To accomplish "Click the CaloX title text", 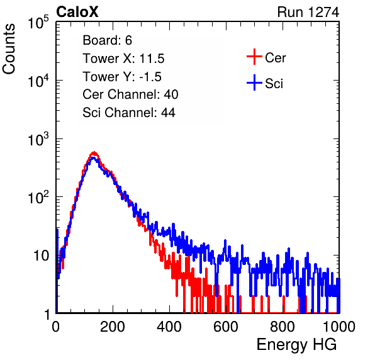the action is tap(77, 12).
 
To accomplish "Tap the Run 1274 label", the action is tap(308, 12).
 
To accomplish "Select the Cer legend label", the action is tap(275, 58).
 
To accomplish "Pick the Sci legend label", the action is tap(274, 84).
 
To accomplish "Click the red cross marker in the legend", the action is tap(254, 57).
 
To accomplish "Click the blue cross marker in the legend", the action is tap(254, 83).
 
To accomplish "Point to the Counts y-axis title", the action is tap(9, 48).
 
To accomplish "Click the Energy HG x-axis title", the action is tap(296, 345).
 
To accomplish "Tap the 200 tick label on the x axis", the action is tap(113, 327).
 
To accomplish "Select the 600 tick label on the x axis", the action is tap(226, 327).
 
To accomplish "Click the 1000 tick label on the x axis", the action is tap(339, 327).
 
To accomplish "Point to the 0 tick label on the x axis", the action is tap(56, 327).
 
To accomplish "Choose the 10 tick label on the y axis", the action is tap(42, 256).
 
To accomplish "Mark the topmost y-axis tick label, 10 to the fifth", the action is tap(38, 22).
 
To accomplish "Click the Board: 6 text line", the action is tap(107, 40).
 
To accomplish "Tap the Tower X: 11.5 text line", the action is tap(123, 59).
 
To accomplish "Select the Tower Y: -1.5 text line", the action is tap(122, 77).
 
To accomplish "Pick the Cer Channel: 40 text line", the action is tap(130, 94).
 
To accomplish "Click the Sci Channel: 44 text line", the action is tap(129, 113).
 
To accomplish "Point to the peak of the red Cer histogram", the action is tap(94, 152).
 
